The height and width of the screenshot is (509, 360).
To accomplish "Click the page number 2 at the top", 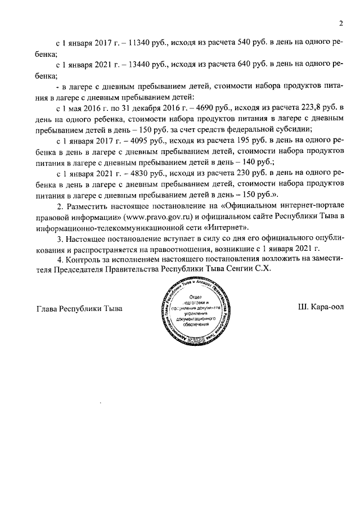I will (341, 23).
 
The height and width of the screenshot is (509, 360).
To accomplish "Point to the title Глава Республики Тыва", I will (79, 309).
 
